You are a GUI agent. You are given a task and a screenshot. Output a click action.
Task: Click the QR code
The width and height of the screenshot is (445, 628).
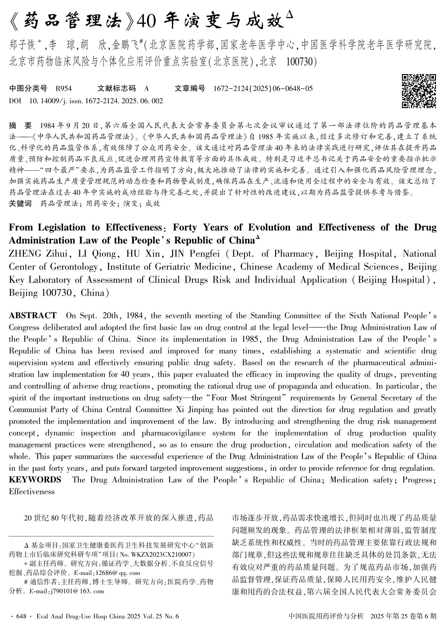(419, 91)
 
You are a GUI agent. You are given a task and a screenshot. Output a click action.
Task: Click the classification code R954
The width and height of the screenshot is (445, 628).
(64, 88)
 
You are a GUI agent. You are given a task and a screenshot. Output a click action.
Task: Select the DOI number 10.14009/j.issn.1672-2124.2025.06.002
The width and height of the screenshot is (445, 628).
(96, 101)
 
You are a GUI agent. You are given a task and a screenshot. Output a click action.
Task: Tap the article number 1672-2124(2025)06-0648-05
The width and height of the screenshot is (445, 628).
(263, 88)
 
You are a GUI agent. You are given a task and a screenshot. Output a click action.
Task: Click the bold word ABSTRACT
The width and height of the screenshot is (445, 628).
(33, 316)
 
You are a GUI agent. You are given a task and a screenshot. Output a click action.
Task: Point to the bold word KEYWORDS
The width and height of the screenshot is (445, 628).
(35, 480)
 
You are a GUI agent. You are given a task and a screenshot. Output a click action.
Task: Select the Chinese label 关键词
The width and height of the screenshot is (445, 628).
(20, 204)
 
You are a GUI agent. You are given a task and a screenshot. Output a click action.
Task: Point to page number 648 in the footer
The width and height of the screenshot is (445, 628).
(21, 616)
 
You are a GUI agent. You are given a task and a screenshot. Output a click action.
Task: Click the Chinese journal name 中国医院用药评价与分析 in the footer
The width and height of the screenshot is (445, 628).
(326, 616)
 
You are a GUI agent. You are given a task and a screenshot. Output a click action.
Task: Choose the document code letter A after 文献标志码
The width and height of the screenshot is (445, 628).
(147, 88)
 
